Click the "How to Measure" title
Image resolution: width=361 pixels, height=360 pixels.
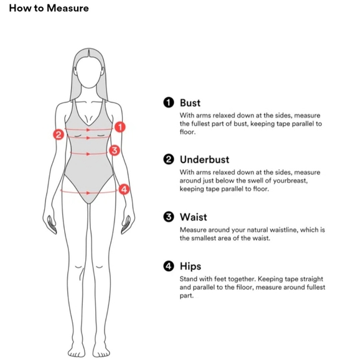(x=49, y=8)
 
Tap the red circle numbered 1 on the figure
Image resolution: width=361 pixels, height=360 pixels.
(x=120, y=127)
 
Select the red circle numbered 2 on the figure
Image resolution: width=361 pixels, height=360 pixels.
(x=59, y=134)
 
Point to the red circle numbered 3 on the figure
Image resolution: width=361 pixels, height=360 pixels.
(x=115, y=150)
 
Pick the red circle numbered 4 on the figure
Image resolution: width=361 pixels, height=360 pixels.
(x=124, y=190)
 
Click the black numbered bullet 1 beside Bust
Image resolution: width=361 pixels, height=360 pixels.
(x=169, y=103)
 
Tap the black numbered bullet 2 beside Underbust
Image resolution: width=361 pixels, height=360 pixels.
(x=169, y=159)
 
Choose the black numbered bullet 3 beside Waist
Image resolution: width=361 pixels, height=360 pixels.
(x=169, y=217)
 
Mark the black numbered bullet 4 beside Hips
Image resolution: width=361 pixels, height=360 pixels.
(x=169, y=266)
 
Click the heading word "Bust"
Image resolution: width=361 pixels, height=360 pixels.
(x=190, y=103)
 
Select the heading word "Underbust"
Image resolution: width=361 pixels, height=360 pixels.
(x=204, y=160)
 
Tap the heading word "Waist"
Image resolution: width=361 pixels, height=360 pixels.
(x=194, y=217)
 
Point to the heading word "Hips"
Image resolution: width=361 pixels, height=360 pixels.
(x=190, y=267)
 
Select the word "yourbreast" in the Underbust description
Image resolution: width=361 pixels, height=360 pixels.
(x=290, y=181)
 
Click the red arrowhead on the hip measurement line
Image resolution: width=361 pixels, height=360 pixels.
(x=88, y=193)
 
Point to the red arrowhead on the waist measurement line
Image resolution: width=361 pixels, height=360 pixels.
(x=88, y=154)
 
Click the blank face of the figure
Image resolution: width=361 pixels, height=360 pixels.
(x=89, y=72)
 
